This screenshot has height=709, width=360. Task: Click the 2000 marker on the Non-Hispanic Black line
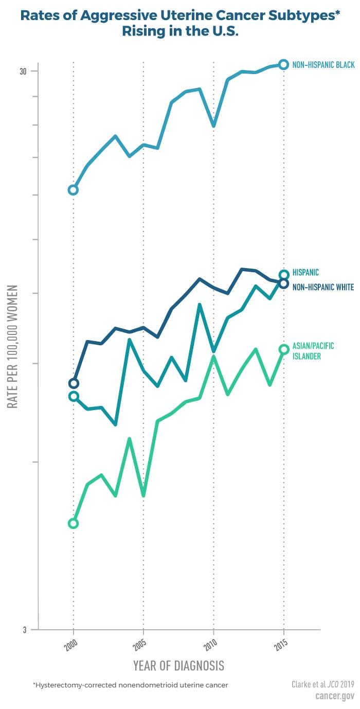(x=73, y=190)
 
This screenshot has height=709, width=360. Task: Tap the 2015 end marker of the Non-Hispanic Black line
(x=283, y=64)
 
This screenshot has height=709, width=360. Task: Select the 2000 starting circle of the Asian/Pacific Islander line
(x=73, y=523)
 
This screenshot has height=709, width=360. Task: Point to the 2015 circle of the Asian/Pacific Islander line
(x=283, y=349)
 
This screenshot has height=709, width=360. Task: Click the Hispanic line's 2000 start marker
(x=74, y=396)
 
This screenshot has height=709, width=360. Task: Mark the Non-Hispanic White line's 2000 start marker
(x=74, y=383)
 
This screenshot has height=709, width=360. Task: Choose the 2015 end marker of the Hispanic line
(x=284, y=275)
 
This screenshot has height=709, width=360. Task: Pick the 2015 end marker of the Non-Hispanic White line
(x=284, y=283)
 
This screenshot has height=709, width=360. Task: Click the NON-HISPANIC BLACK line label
(x=323, y=65)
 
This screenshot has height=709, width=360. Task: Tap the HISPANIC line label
(x=305, y=273)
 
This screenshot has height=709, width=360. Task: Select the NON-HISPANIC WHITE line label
(x=323, y=288)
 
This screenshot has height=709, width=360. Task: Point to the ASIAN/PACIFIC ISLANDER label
(x=313, y=351)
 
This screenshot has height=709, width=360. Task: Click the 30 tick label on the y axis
(x=23, y=71)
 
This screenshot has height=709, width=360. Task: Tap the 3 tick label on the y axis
(x=25, y=629)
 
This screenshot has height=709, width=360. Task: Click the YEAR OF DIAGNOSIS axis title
(x=178, y=665)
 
